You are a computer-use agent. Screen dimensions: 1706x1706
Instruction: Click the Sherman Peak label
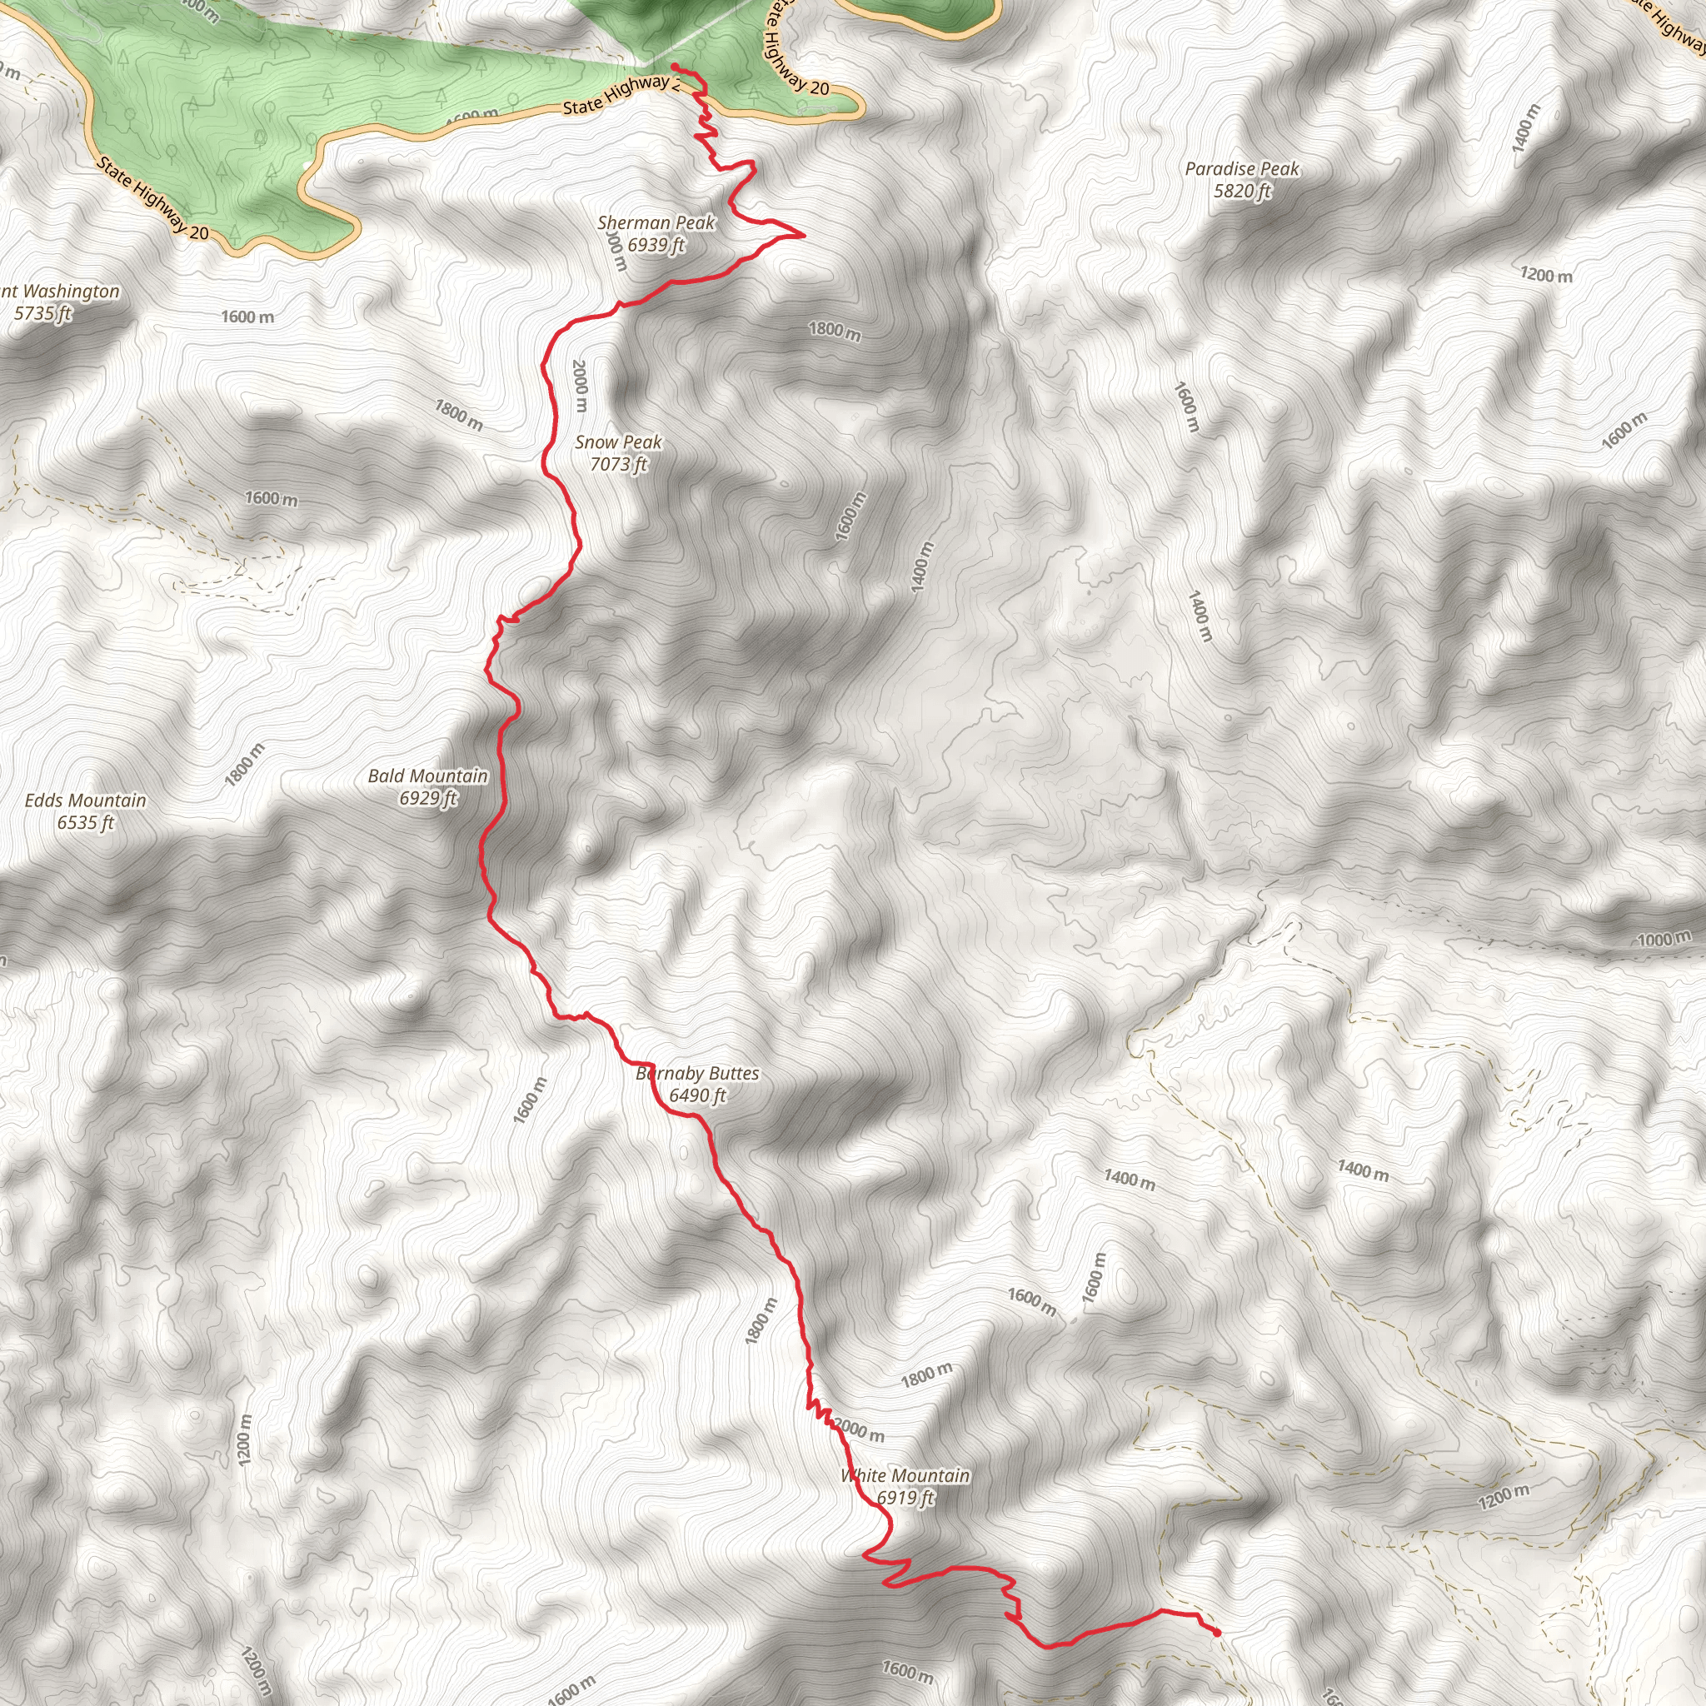(x=656, y=222)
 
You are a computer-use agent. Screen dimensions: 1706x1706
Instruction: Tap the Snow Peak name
(x=618, y=441)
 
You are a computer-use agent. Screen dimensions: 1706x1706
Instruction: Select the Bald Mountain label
(x=427, y=776)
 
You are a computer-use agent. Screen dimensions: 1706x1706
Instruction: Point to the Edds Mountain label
(x=86, y=800)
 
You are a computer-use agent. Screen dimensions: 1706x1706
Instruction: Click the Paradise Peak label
(x=1241, y=168)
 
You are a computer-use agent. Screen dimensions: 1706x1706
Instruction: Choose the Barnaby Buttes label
(x=697, y=1073)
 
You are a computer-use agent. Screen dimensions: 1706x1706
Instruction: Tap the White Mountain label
(x=905, y=1475)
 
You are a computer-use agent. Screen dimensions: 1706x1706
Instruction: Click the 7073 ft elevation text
(x=619, y=464)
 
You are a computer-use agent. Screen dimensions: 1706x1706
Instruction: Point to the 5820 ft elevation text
(x=1242, y=191)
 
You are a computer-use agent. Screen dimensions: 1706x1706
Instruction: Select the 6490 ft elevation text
(x=697, y=1096)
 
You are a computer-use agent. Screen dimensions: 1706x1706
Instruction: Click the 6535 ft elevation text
(x=86, y=823)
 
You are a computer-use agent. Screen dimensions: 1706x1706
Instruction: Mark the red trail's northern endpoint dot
(x=674, y=67)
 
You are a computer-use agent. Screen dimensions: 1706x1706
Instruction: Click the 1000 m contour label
(x=1664, y=939)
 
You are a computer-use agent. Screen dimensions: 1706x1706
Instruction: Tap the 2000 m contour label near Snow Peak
(x=579, y=385)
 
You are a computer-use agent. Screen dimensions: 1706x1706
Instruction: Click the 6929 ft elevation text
(x=428, y=798)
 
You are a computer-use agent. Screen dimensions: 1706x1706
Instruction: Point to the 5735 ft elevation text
(x=42, y=312)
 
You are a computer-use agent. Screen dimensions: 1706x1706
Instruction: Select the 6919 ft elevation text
(x=905, y=1498)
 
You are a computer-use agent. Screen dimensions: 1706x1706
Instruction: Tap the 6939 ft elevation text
(x=656, y=245)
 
